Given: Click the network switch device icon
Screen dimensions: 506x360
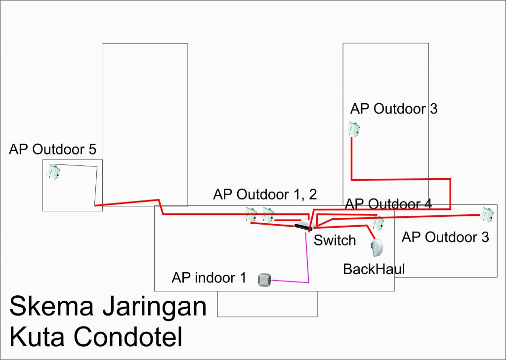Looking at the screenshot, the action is pyautogui.click(x=303, y=226).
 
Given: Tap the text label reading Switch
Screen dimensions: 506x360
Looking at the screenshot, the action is pyautogui.click(x=335, y=240).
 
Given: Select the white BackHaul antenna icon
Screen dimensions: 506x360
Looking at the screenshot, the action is pyautogui.click(x=377, y=248).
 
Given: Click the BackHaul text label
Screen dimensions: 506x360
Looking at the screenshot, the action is pyautogui.click(x=374, y=269).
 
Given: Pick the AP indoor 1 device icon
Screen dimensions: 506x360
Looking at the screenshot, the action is pyautogui.click(x=264, y=280).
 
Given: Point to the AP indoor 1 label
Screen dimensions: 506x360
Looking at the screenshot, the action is pyautogui.click(x=209, y=278).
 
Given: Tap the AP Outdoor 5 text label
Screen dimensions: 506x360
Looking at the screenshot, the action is pyautogui.click(x=52, y=149).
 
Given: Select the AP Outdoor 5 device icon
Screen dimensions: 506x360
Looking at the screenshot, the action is pyautogui.click(x=53, y=172).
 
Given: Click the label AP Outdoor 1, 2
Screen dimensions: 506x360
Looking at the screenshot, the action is pyautogui.click(x=265, y=195).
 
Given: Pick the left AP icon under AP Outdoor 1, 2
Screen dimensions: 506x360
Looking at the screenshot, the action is pyautogui.click(x=251, y=214).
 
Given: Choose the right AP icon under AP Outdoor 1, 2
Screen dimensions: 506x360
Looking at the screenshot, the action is pyautogui.click(x=268, y=214).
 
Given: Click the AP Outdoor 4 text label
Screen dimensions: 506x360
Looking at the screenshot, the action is pyautogui.click(x=388, y=204).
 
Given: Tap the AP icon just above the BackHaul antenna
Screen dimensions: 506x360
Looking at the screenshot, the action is pyautogui.click(x=377, y=223).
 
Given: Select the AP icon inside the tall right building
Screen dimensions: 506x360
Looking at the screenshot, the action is pyautogui.click(x=353, y=129).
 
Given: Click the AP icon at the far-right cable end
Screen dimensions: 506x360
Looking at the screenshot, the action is pyautogui.click(x=487, y=214).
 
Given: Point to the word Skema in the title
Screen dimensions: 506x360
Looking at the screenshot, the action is pyautogui.click(x=51, y=307).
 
